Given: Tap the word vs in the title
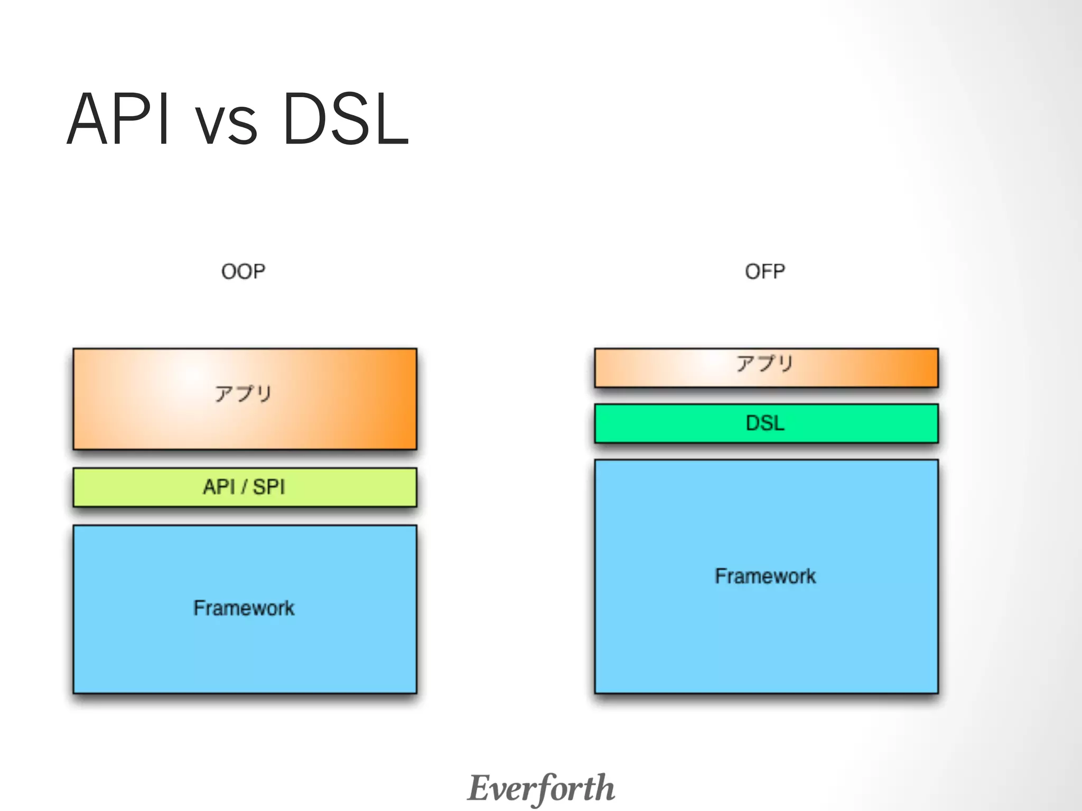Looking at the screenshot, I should [226, 125].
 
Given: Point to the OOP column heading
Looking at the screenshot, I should [243, 271].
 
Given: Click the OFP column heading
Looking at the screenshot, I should [764, 271].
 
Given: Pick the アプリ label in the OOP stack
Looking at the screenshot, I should [243, 394].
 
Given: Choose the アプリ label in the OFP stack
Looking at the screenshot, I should [764, 363].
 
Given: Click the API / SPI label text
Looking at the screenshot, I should [244, 487].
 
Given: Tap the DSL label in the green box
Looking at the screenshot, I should [764, 423].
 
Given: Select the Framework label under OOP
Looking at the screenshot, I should [244, 608].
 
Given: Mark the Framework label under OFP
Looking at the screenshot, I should [765, 576].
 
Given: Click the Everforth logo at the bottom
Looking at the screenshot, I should [541, 788].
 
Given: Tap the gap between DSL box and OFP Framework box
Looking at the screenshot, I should [766, 451].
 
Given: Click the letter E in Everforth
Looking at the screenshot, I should [480, 788].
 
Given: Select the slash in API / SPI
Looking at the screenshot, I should [244, 487].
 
